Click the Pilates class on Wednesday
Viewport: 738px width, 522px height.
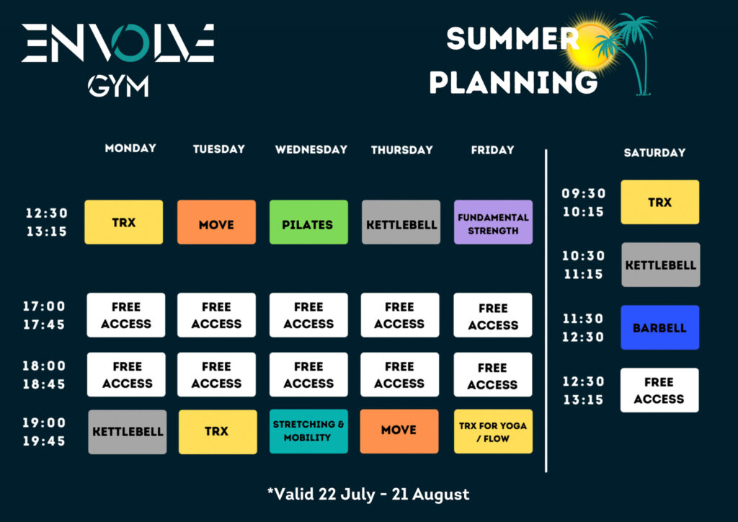308,222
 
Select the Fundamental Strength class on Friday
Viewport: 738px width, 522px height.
493,222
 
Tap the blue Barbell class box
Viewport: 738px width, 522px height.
660,327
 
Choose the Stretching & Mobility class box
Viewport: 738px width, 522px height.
308,431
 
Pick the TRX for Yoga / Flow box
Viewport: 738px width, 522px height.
493,431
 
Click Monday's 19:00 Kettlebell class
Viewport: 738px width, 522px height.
128,432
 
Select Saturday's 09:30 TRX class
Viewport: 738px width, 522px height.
660,202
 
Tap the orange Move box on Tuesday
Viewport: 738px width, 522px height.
216,222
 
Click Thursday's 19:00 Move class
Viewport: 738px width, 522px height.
399,431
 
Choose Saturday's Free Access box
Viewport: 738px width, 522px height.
659,390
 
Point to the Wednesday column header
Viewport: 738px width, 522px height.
311,150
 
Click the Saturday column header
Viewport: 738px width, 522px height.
654,153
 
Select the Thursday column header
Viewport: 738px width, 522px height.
402,150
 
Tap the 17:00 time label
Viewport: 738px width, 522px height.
44,306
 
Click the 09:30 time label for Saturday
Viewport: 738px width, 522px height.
584,193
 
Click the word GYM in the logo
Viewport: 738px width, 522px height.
118,86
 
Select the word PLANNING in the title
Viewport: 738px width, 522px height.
513,82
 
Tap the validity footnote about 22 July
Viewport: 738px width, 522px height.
368,494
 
